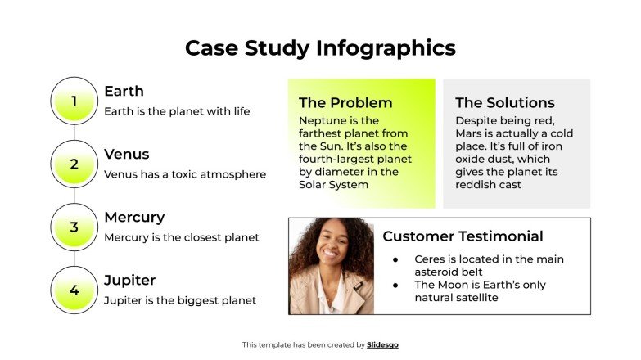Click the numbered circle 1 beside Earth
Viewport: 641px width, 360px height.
(x=74, y=101)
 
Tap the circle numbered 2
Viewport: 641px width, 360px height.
(x=74, y=164)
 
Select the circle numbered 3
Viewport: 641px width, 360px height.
(x=74, y=227)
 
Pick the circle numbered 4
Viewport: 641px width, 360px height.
(x=74, y=290)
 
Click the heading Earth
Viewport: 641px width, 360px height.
(x=124, y=91)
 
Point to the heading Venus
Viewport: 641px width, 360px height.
(x=127, y=154)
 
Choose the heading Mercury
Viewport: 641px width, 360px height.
(x=134, y=217)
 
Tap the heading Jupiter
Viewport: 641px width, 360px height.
(x=129, y=280)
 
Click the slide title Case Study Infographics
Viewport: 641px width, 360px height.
(x=320, y=47)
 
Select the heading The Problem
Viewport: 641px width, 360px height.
(x=345, y=102)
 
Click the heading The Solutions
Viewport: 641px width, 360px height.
(x=505, y=102)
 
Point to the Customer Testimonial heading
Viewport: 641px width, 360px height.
(x=463, y=236)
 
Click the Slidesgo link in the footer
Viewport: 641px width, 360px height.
(x=382, y=345)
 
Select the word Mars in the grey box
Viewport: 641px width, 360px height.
(x=471, y=133)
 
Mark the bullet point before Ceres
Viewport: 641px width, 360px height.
(x=395, y=259)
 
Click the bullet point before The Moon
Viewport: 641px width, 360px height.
(x=395, y=285)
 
